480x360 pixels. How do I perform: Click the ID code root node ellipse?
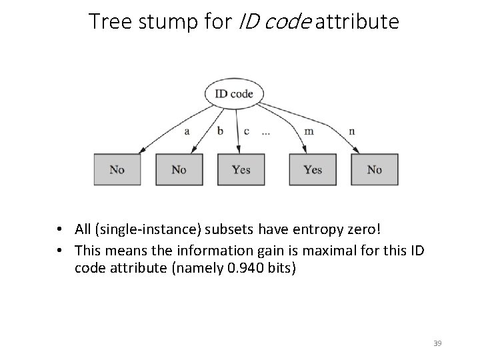tap(233, 94)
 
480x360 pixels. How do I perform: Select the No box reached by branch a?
tap(117, 169)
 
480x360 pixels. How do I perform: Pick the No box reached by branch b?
tap(179, 169)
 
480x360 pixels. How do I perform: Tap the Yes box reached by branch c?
tap(241, 169)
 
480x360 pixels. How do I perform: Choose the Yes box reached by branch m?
tap(313, 169)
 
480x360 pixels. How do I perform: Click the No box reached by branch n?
tap(374, 169)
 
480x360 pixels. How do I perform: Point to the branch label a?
tap(187, 131)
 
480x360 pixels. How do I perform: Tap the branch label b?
tap(220, 131)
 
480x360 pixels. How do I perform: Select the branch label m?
tap(309, 131)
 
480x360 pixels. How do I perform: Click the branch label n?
tap(351, 131)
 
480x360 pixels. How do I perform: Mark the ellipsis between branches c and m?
tap(266, 132)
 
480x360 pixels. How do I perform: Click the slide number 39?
tap(437, 343)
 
